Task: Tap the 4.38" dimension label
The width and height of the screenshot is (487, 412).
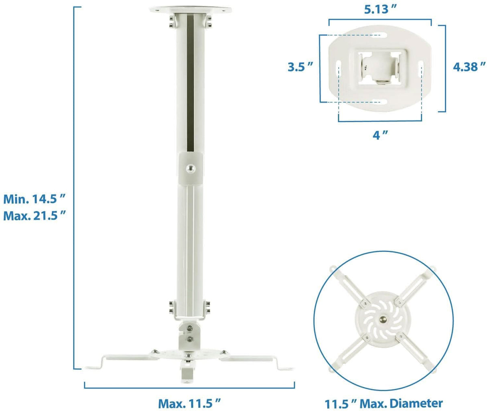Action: point(469,67)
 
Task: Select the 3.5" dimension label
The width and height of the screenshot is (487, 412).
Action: point(300,67)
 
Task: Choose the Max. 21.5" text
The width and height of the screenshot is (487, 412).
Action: point(34,216)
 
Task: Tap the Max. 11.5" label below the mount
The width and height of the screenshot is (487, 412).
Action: point(190,402)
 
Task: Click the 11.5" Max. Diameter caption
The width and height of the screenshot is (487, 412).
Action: point(384,403)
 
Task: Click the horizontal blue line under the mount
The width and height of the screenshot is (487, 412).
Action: point(189,388)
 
